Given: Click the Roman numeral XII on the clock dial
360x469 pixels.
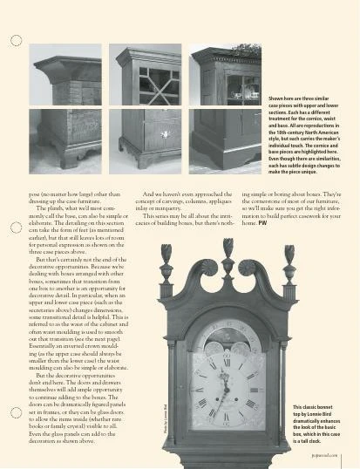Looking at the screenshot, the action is pyautogui.click(x=228, y=363).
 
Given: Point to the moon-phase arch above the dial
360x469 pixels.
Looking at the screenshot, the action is pyautogui.click(x=228, y=336).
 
